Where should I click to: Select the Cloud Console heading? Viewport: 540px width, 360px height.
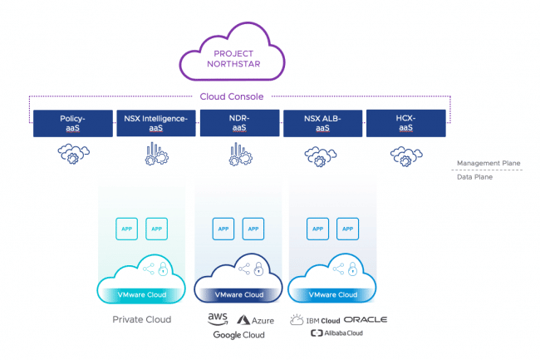[232, 96]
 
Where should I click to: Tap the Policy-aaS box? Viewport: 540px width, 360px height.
[73, 123]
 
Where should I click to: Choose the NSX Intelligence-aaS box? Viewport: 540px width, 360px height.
[156, 123]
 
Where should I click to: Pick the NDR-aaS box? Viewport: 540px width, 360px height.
[240, 123]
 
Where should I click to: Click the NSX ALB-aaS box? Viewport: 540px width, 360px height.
[322, 123]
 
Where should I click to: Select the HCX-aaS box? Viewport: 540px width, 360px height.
[406, 123]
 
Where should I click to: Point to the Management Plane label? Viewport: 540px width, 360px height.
[488, 163]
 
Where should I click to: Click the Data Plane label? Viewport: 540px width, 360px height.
[474, 177]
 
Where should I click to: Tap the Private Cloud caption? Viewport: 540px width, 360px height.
[141, 319]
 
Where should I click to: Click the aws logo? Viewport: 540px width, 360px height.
[218, 319]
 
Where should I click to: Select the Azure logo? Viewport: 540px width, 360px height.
[256, 320]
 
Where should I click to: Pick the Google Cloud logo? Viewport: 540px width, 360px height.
[238, 335]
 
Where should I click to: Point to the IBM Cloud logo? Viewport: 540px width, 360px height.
[315, 320]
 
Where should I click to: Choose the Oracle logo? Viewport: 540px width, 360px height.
[366, 320]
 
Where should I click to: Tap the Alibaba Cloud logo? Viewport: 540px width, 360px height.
[336, 333]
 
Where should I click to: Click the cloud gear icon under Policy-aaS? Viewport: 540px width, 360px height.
[73, 154]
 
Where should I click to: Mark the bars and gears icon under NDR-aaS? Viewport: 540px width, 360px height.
[240, 154]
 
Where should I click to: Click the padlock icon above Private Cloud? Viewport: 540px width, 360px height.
[163, 269]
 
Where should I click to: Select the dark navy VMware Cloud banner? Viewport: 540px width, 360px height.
[239, 295]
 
